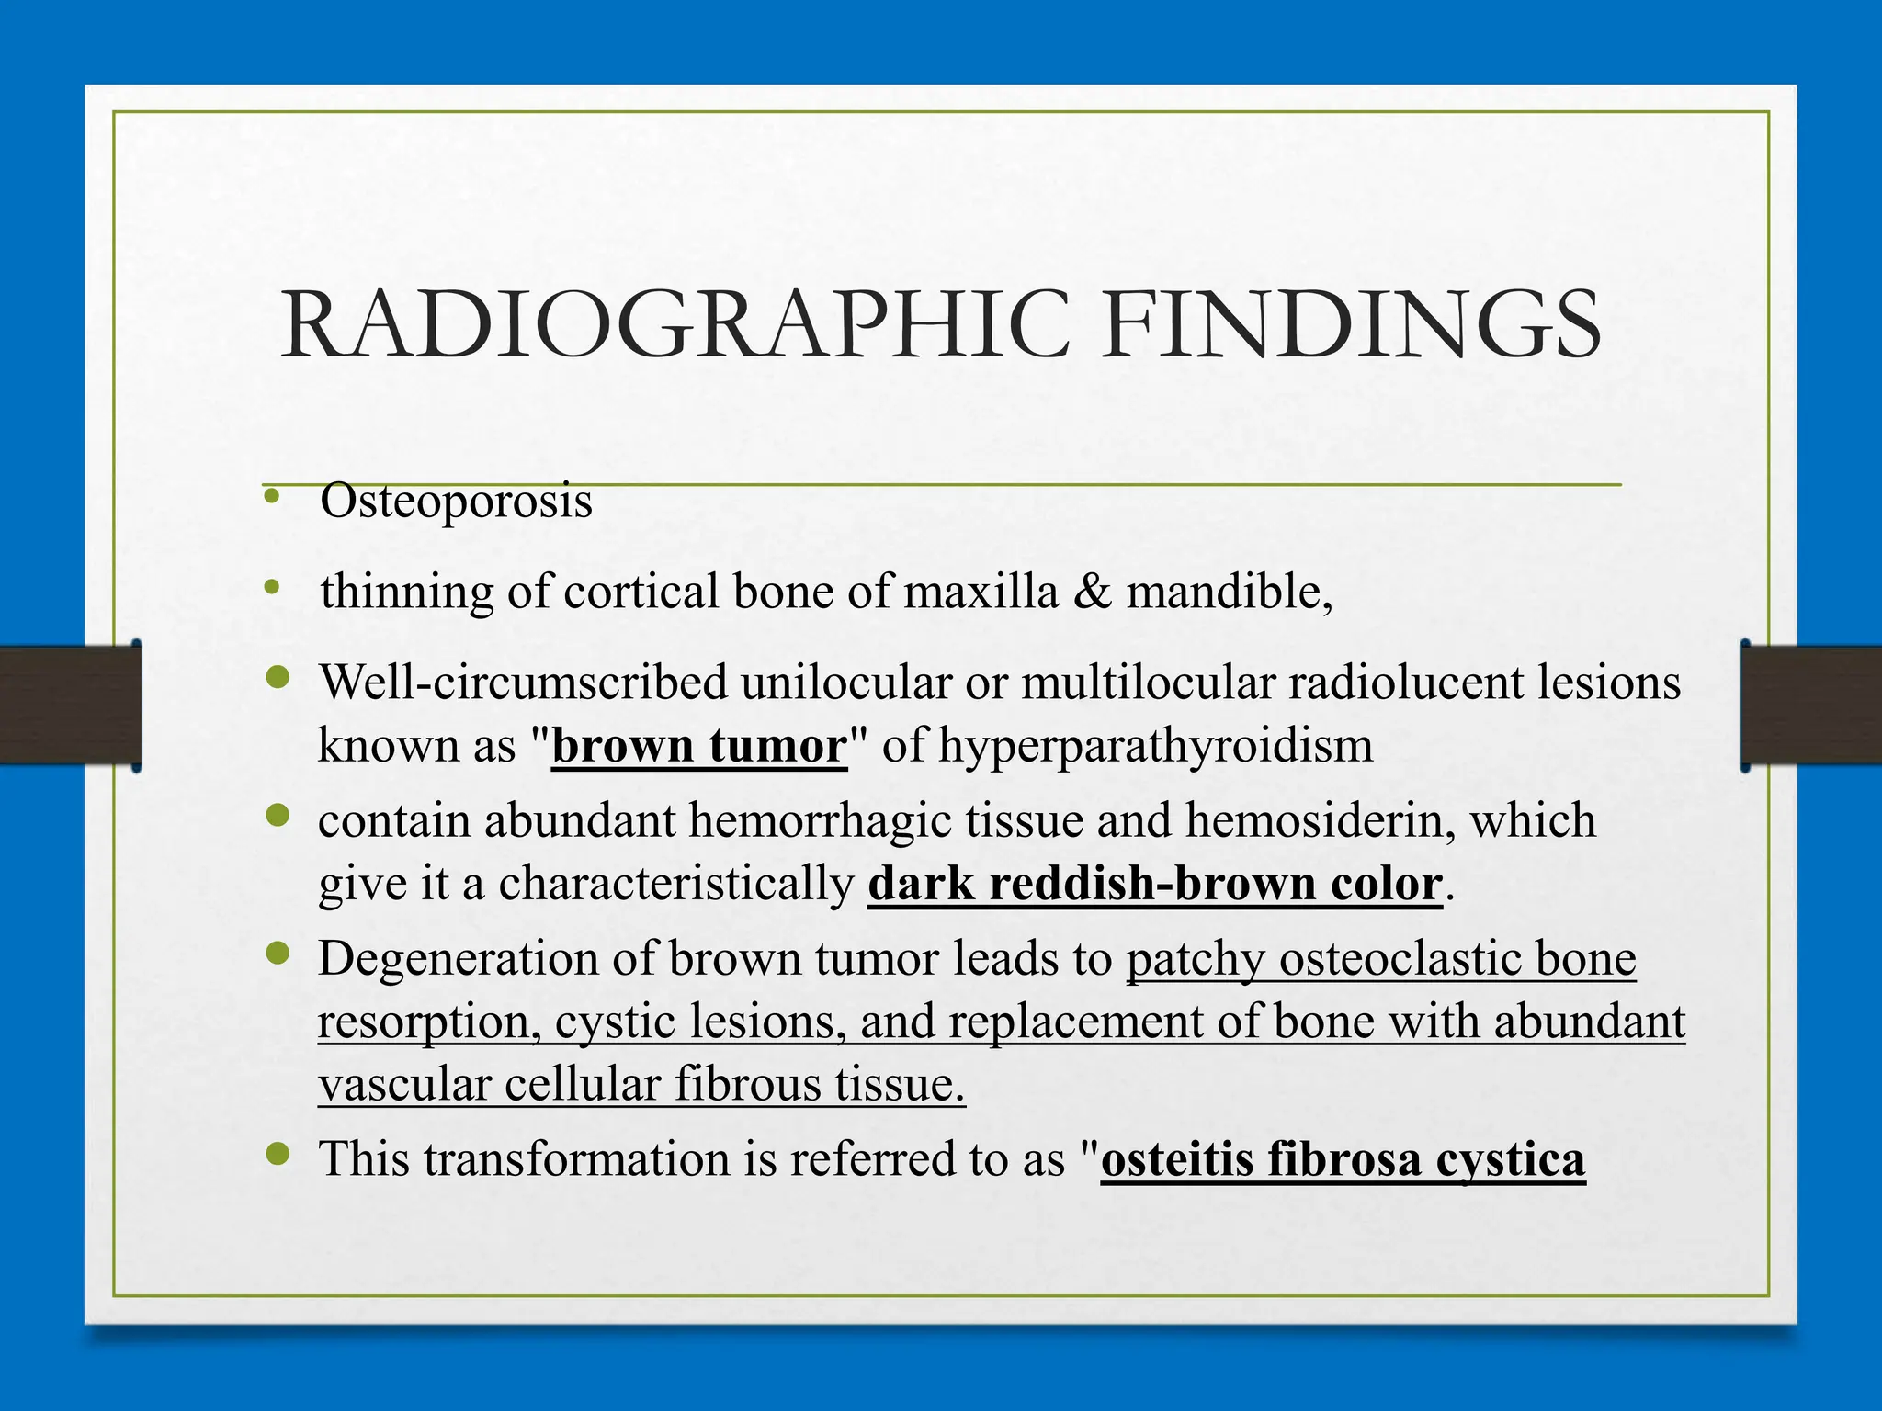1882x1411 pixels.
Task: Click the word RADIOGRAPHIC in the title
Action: point(675,325)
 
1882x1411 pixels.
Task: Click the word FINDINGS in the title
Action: point(1353,325)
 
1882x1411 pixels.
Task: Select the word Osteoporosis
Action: point(456,502)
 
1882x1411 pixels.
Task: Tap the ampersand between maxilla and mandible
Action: point(1092,592)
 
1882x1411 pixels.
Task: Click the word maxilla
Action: point(981,592)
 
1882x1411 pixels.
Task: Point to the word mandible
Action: point(1229,592)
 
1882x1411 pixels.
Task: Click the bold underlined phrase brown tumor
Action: point(699,746)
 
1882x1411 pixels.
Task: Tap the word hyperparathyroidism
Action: point(1155,746)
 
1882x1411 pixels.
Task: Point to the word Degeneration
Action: point(458,959)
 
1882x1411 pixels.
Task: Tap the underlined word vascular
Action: point(403,1085)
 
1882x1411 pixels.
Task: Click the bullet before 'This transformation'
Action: point(277,1153)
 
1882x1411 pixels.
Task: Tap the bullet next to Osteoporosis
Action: point(270,497)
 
